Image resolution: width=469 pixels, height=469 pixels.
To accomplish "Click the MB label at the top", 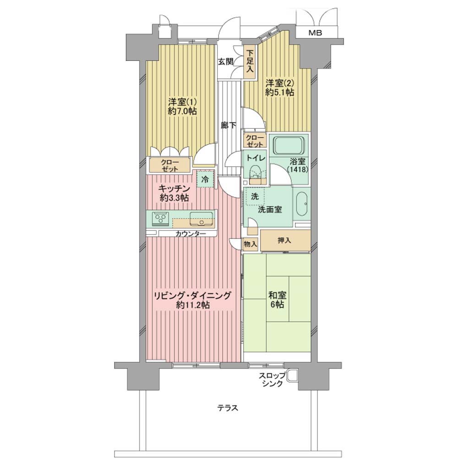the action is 315,33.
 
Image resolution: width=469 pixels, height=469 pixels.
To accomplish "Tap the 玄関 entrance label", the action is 225,62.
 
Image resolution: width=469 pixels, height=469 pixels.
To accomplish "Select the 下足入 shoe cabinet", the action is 250,62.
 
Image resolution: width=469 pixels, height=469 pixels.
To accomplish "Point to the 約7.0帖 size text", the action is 182,112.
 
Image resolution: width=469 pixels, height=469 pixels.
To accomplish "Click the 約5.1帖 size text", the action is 280,93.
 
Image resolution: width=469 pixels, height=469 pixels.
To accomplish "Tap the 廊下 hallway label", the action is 229,125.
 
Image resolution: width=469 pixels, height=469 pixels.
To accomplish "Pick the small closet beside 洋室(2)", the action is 255,140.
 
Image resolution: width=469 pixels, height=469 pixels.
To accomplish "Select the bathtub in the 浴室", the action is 289,145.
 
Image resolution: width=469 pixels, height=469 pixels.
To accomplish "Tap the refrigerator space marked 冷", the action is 206,179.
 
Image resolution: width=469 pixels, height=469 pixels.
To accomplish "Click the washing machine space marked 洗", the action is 255,196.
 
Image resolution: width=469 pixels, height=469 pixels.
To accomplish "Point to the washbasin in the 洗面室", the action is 301,204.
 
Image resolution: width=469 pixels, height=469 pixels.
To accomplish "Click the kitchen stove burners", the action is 161,218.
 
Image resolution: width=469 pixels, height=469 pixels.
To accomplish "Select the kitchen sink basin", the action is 202,219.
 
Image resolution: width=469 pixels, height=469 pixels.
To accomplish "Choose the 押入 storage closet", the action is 285,240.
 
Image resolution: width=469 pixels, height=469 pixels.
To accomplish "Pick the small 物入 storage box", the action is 250,244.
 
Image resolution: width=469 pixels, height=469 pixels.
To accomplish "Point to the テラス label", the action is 228,408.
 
